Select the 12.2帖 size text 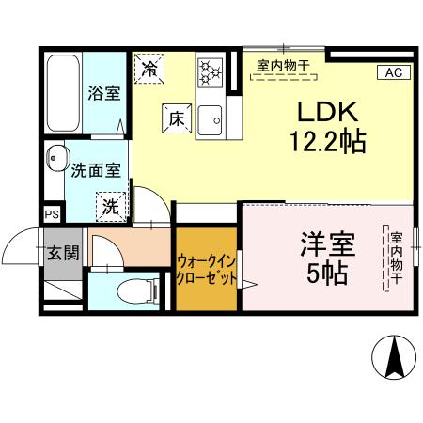(327, 142)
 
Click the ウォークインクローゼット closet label (207, 269)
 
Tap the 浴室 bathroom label (103, 93)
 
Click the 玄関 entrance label (64, 252)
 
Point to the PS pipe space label (51, 213)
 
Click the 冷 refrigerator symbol (150, 67)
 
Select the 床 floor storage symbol (176, 117)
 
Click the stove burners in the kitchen (209, 70)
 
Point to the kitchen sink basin (211, 117)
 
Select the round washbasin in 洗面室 (56, 158)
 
